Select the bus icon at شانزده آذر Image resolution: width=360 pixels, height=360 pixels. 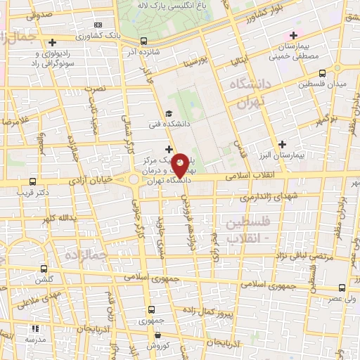[143, 41]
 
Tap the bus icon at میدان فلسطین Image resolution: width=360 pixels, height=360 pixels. [323, 72]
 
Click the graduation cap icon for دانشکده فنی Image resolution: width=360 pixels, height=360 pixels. [167, 114]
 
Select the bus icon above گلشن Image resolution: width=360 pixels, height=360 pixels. [44, 268]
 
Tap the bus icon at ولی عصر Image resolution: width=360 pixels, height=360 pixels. [342, 287]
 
